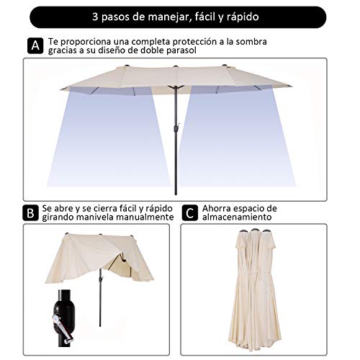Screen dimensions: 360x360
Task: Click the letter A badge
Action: [34, 46]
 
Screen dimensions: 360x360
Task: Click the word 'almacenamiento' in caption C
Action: [237, 217]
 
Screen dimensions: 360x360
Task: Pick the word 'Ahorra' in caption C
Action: [218, 207]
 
